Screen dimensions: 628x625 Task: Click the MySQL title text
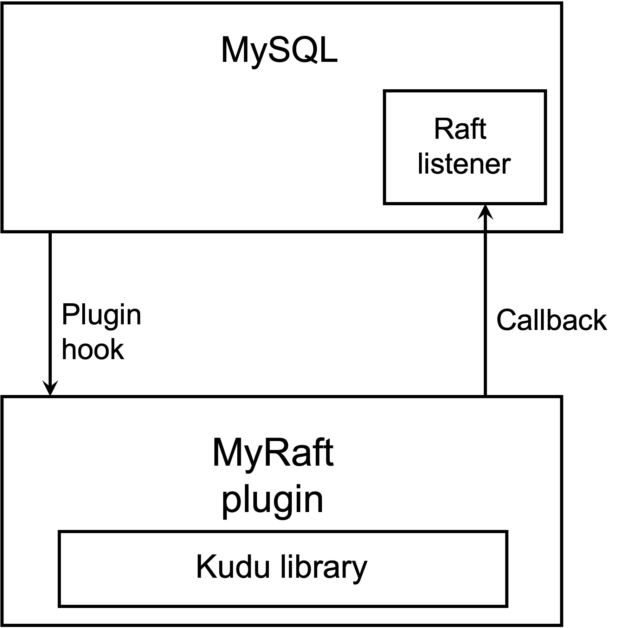tap(279, 50)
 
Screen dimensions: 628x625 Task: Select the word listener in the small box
tap(464, 164)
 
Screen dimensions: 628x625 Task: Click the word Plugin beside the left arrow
tap(101, 315)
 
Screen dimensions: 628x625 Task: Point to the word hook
tap(93, 350)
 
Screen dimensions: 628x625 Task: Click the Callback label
tap(551, 320)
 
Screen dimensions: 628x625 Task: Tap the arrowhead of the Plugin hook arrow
tap(50, 388)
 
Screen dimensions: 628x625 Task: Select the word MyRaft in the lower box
tap(273, 453)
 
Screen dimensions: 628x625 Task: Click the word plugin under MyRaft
tap(273, 500)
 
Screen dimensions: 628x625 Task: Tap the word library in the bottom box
tap(323, 568)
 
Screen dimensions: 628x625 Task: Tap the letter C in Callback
tap(507, 320)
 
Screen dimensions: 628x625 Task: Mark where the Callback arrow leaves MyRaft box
tap(485, 396)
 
